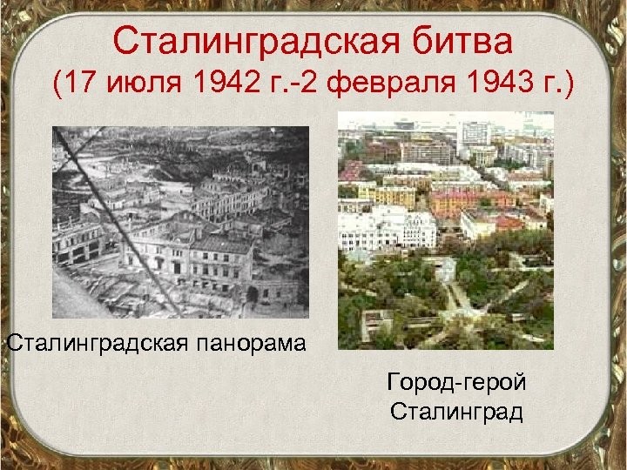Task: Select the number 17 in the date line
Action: coord(86,85)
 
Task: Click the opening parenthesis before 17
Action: coord(57,85)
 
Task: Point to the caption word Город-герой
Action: coord(458,383)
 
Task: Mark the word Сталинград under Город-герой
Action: coord(458,411)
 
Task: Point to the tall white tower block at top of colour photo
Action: coord(475,133)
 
